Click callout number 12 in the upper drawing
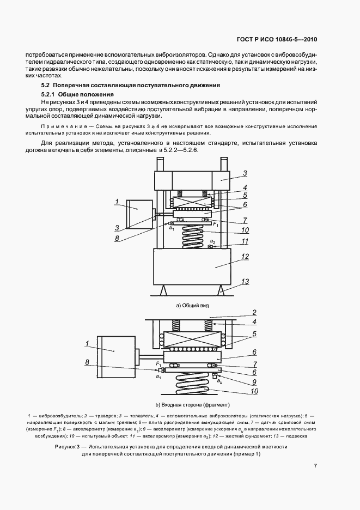pos(246,256)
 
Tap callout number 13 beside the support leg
pos(246,281)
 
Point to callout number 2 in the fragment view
pos(253,313)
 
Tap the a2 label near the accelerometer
pos(213,241)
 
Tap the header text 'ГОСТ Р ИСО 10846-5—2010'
pos(277,40)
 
